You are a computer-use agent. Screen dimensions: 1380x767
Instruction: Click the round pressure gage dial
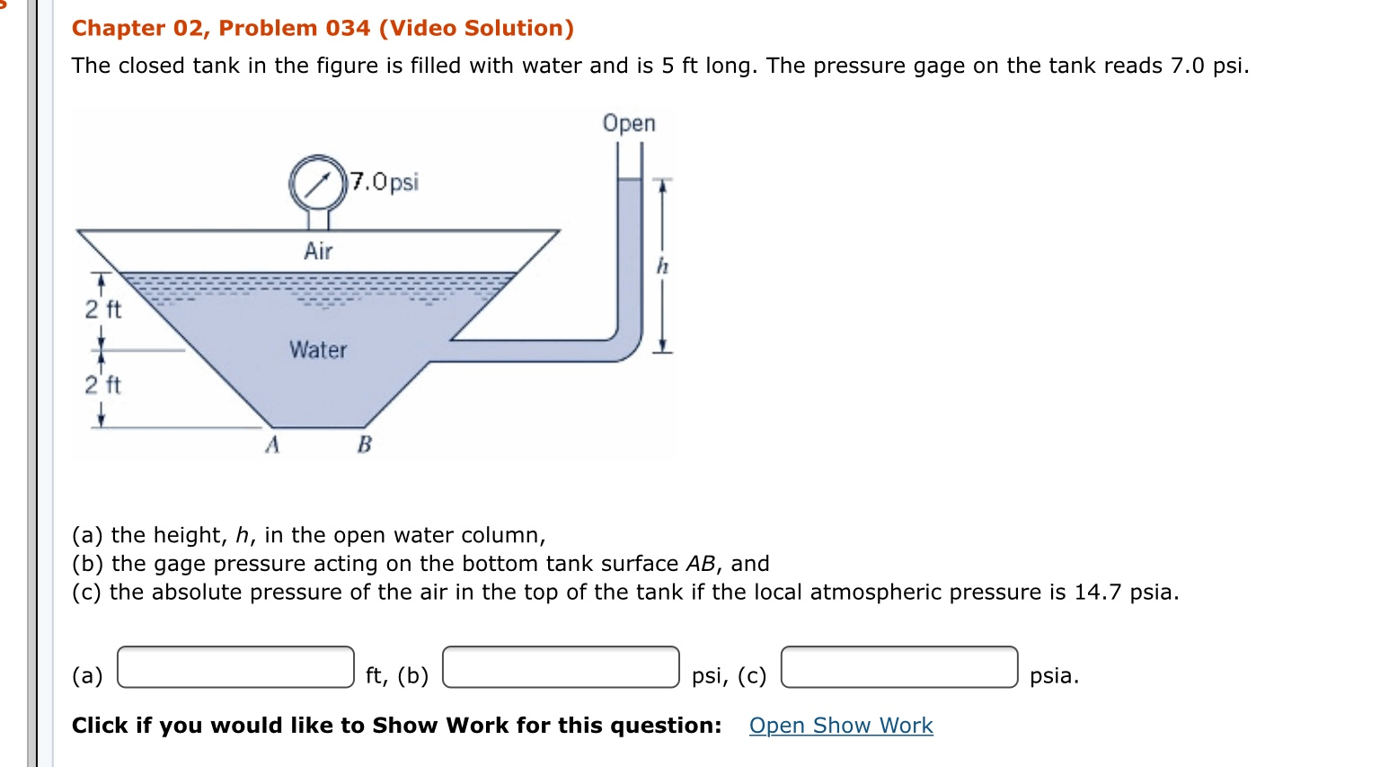coord(318,183)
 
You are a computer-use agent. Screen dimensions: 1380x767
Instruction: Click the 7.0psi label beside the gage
coord(385,182)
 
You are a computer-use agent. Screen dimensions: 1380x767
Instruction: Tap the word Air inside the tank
coord(318,252)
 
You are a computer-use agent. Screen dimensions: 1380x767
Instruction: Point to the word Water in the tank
coord(318,350)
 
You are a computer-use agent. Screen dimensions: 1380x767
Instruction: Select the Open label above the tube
coord(629,123)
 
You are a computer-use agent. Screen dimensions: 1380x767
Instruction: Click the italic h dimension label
coord(662,266)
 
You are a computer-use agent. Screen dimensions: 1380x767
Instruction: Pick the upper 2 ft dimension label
coord(103,309)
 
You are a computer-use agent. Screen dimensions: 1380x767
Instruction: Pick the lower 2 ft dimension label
coord(103,385)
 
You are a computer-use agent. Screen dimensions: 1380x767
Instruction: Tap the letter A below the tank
coord(272,444)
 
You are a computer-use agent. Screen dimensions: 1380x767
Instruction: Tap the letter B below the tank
coord(365,444)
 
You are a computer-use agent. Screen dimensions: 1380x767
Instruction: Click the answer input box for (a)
coord(236,667)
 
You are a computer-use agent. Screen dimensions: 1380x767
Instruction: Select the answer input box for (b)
coord(562,667)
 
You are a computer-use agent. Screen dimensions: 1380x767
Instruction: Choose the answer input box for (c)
coord(899,667)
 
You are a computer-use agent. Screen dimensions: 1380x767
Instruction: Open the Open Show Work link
coord(841,726)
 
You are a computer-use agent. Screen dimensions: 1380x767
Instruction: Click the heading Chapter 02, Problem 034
coord(221,29)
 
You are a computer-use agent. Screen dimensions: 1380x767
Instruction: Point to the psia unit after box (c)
coord(1054,676)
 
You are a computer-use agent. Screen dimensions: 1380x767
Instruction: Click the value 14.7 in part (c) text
coord(1098,592)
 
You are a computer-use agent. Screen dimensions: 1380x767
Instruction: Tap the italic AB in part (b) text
coord(701,564)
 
